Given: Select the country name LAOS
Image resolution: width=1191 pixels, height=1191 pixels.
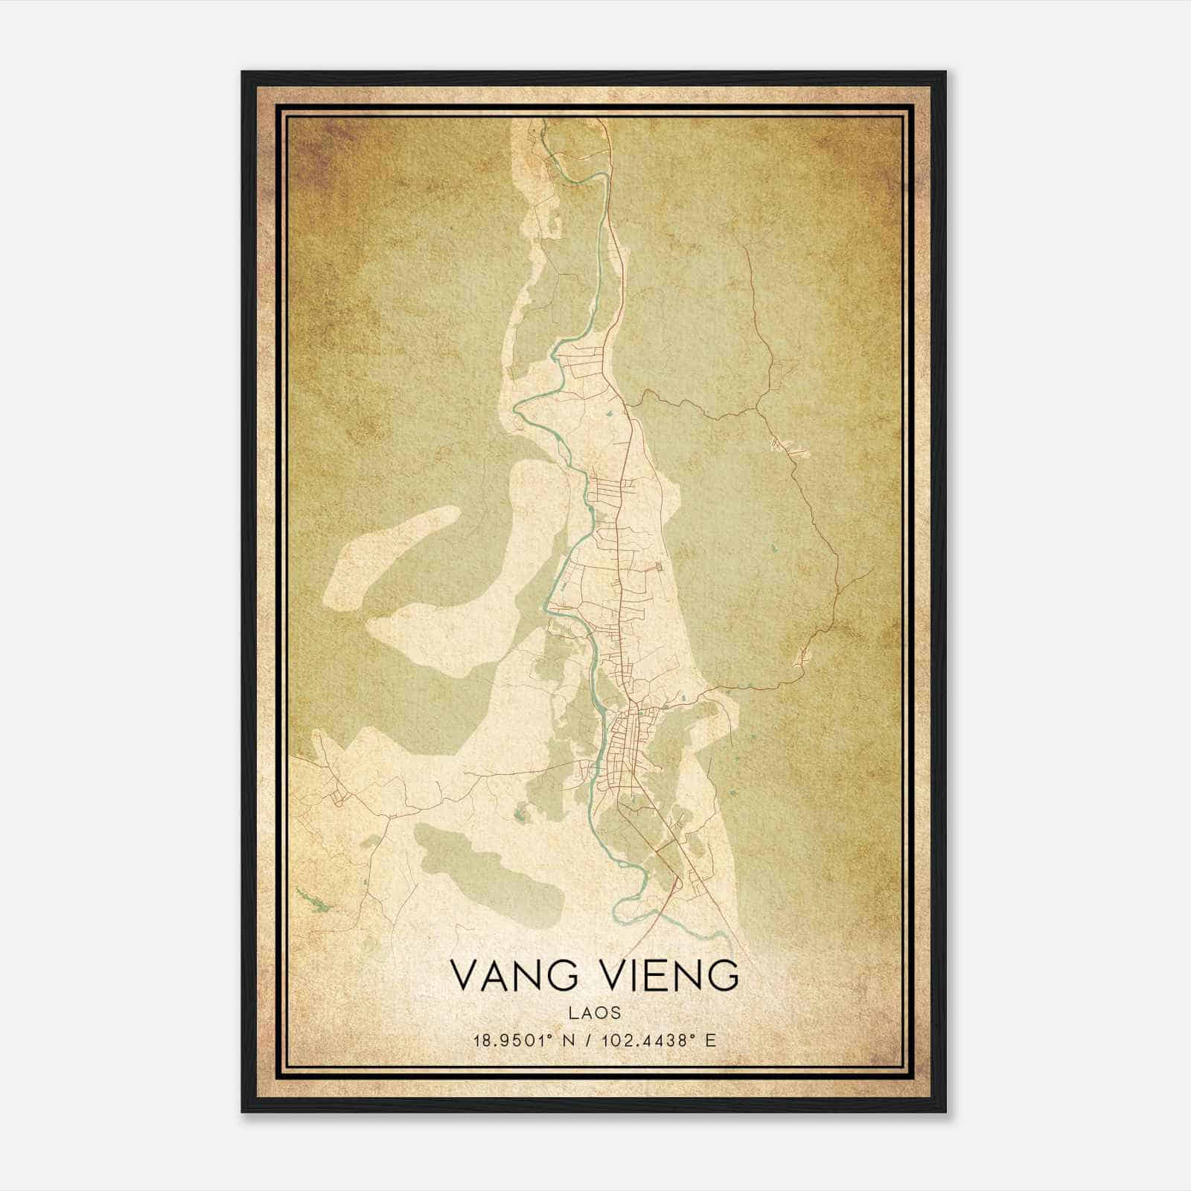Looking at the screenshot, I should pos(595,1013).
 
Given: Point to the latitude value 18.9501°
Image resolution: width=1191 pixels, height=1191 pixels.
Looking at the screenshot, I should pos(514,1041).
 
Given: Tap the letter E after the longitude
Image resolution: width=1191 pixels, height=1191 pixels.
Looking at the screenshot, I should pos(711,1041).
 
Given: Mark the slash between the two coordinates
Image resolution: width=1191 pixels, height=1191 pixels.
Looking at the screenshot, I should pos(590,1041).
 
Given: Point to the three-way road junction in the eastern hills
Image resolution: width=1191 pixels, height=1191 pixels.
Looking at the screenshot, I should pos(756,409).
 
